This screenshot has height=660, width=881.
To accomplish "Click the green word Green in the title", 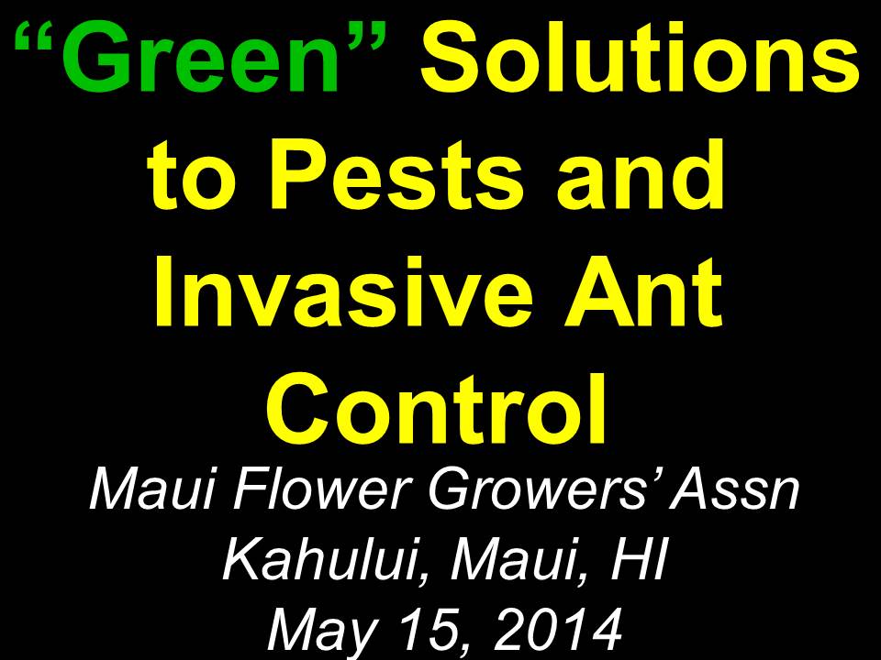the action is (x=200, y=57).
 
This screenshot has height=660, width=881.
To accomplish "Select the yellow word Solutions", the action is (x=640, y=57).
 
